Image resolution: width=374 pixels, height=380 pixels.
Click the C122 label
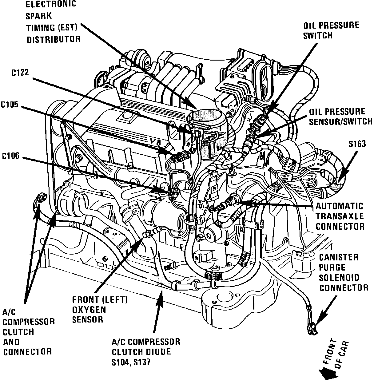point(21,73)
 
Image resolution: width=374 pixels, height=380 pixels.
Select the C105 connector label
point(10,105)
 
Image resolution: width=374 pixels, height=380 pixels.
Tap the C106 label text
point(10,156)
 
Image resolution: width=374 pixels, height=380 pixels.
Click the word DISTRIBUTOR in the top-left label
point(53,39)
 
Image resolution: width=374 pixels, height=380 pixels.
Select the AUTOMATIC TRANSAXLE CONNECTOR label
point(340,216)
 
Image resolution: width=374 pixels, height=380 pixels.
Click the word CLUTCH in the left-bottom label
point(18,332)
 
